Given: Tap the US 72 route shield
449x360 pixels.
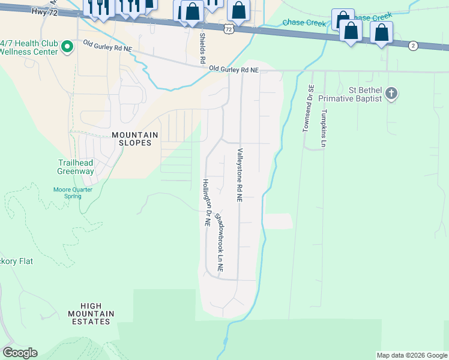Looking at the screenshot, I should click(227, 28).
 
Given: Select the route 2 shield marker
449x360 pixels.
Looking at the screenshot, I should click(412, 46).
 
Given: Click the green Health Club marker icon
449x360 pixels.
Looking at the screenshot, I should click(68, 46).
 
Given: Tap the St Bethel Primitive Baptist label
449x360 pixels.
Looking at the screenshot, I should click(350, 94).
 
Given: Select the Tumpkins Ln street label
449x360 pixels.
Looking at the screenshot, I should click(324, 128).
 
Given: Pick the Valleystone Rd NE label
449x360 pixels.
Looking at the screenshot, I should click(240, 175).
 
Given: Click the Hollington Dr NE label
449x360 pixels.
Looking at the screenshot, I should click(206, 203).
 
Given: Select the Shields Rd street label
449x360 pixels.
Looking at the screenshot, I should click(202, 48).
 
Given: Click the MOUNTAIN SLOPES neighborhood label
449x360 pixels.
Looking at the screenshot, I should click(135, 139).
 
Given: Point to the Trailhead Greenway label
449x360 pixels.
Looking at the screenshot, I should click(76, 167).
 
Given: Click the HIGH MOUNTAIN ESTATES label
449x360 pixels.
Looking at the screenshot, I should click(89, 314).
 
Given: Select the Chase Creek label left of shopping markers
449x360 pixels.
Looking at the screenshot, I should click(304, 23).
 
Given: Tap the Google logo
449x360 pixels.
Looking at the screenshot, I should click(20, 353).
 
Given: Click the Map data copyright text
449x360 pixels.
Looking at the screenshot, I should click(411, 355).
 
